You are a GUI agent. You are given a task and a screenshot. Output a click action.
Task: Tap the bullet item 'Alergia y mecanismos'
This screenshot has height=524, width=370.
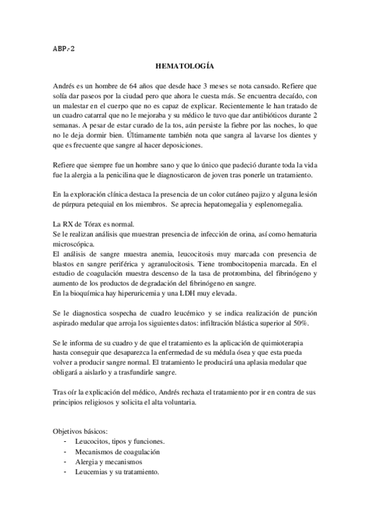pyautogui.click(x=107, y=462)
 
